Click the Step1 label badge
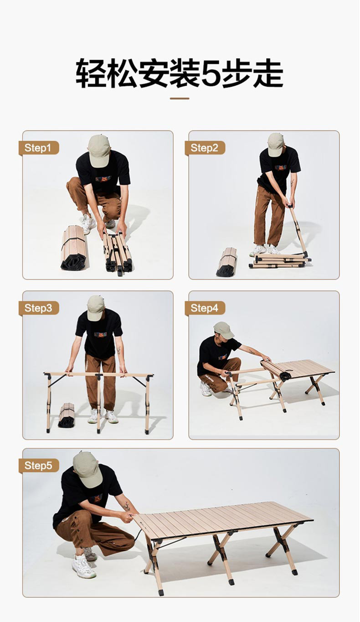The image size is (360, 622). [x=39, y=148]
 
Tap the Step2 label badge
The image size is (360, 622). [x=205, y=148]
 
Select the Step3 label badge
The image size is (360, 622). [x=39, y=308]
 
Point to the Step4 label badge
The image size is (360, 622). [x=205, y=308]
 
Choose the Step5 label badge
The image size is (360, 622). [x=39, y=466]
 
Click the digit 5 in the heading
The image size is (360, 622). [x=211, y=74]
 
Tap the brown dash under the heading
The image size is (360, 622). [x=180, y=98]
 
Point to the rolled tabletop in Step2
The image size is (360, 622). [x=227, y=262]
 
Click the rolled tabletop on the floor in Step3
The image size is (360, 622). [x=67, y=415]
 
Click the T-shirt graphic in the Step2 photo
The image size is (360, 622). [x=281, y=167]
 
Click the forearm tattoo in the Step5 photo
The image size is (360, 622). [x=127, y=506]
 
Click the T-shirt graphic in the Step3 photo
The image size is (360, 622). [x=100, y=335]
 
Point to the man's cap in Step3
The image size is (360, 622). [x=96, y=308]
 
